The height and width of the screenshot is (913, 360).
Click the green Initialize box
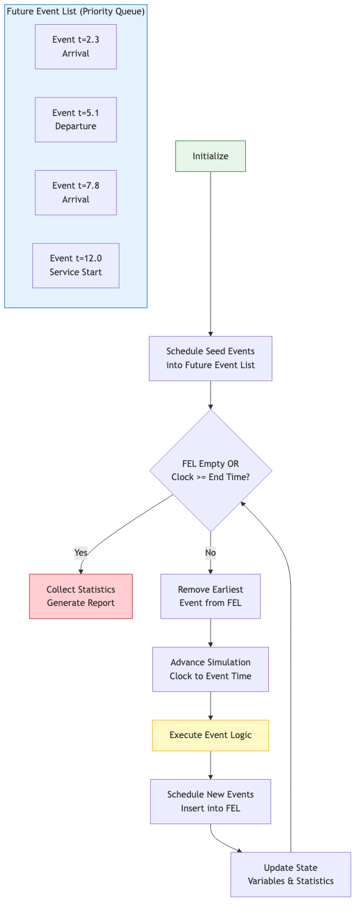click(211, 156)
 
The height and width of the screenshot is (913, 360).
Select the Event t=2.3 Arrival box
click(76, 47)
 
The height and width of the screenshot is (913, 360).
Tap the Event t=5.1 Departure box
click(76, 119)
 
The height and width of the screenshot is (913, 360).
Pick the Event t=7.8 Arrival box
click(76, 193)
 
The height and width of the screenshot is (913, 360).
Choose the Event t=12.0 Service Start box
click(76, 265)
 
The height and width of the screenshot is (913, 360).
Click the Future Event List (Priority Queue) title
click(76, 12)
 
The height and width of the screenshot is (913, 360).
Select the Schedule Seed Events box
click(211, 358)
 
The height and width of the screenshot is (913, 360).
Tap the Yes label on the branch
click(81, 553)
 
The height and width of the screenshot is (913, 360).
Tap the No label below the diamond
click(211, 553)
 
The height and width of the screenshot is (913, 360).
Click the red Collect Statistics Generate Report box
click(81, 596)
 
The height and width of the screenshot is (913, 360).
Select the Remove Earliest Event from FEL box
click(211, 596)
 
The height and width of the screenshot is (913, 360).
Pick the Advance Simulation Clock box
click(211, 669)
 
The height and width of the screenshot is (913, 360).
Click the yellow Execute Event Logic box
click(211, 735)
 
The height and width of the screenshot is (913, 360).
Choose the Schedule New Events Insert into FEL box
click(211, 802)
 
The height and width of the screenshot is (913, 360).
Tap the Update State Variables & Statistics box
click(291, 874)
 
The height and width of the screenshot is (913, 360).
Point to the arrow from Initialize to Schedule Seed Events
click(211, 254)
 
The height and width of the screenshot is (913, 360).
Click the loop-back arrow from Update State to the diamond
click(290, 693)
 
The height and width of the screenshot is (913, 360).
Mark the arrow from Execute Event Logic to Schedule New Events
click(211, 765)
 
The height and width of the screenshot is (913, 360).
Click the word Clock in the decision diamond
click(182, 477)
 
